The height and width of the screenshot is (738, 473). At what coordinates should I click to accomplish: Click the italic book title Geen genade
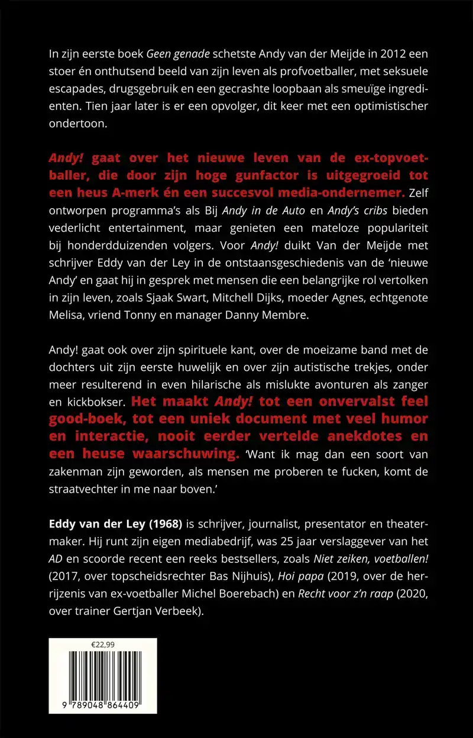177,54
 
